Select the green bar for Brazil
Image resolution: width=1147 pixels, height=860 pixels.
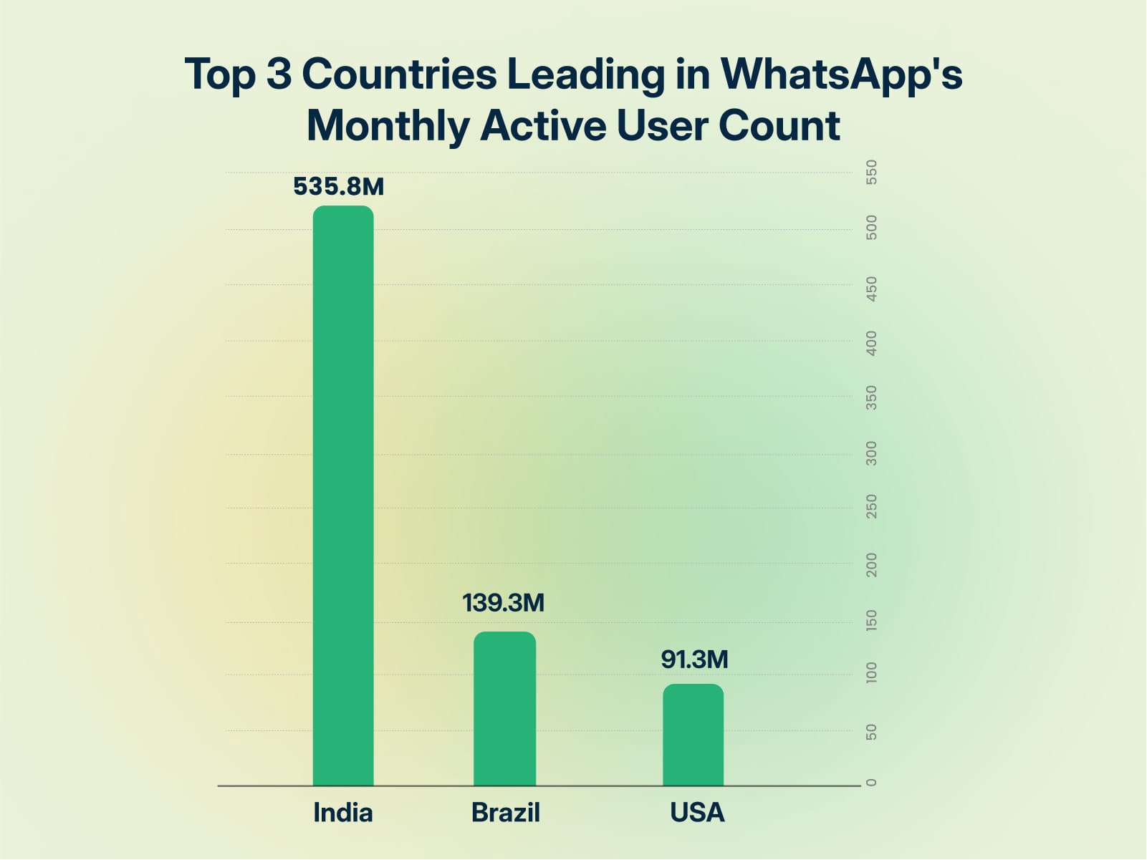pyautogui.click(x=504, y=709)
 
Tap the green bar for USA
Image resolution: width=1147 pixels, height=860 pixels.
pyautogui.click(x=693, y=735)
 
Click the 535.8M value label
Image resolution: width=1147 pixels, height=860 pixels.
pyautogui.click(x=338, y=187)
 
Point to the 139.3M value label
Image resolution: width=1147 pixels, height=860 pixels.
pyautogui.click(x=503, y=603)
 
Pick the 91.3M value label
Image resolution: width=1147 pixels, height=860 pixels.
pyautogui.click(x=694, y=659)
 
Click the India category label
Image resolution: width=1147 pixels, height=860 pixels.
pyautogui.click(x=343, y=813)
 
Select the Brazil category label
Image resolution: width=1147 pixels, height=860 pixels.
pyautogui.click(x=505, y=813)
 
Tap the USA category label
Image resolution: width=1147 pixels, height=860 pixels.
pyautogui.click(x=697, y=813)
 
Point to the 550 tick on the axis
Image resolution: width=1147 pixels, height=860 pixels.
pyautogui.click(x=872, y=173)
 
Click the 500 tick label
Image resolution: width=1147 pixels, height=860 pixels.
pyautogui.click(x=872, y=228)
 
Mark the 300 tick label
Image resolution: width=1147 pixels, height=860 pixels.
pyautogui.click(x=872, y=453)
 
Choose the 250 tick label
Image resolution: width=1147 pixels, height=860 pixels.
pyautogui.click(x=872, y=506)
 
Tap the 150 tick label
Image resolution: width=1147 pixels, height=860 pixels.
pyautogui.click(x=872, y=620)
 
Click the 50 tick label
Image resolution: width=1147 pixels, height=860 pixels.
pyautogui.click(x=872, y=732)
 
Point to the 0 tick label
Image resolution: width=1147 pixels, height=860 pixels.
pyautogui.click(x=872, y=782)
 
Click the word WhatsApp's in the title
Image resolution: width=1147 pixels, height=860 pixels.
pyautogui.click(x=841, y=74)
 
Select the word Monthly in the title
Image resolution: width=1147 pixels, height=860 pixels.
pyautogui.click(x=387, y=127)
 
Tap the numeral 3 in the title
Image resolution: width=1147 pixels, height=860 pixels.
pyautogui.click(x=279, y=74)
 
